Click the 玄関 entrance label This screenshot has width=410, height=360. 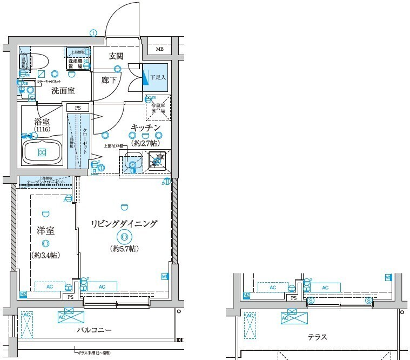(116, 56)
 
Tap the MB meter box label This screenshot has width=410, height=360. (160, 50)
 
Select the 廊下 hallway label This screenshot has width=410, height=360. (109, 80)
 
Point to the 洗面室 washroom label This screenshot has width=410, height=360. (63, 91)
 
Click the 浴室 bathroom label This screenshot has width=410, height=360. (42, 122)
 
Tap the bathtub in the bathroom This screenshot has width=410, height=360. (42, 151)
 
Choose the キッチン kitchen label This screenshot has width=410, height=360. (146, 128)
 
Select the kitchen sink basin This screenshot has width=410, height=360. (132, 161)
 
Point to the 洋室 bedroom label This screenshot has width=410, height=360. (46, 230)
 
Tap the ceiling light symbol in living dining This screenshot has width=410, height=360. (125, 236)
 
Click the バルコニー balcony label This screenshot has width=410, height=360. (94, 330)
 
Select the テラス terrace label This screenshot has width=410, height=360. (317, 337)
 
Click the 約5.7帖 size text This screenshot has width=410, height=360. (125, 249)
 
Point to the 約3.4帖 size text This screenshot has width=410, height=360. (45, 254)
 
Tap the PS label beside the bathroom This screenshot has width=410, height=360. (78, 108)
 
